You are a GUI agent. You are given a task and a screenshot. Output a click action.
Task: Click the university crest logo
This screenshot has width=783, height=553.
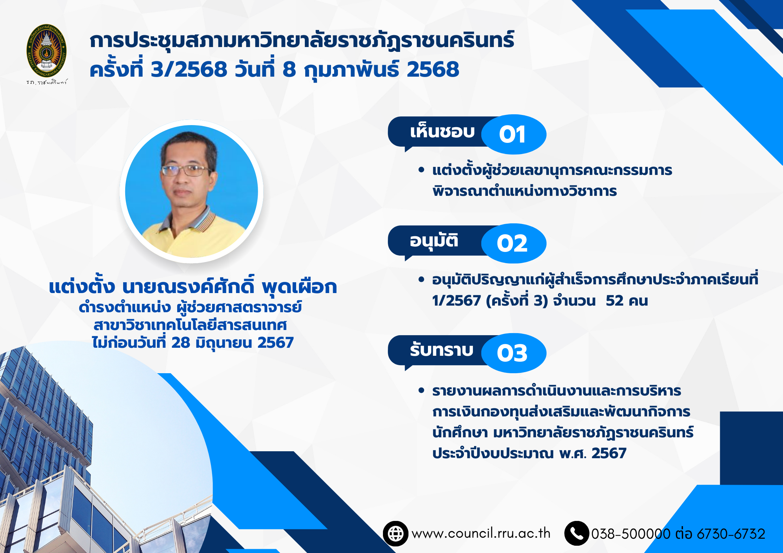46,51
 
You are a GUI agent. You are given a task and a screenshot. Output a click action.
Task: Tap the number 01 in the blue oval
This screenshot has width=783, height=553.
512,135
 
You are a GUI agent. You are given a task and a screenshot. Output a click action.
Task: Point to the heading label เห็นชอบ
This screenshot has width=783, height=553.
442,131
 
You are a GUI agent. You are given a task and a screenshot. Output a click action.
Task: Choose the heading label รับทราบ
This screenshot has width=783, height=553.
442,350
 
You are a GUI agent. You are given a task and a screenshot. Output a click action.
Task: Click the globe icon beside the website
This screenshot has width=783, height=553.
396,533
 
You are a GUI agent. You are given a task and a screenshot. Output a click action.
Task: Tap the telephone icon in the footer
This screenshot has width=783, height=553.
577,533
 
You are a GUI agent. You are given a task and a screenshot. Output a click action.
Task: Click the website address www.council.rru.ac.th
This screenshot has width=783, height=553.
481,533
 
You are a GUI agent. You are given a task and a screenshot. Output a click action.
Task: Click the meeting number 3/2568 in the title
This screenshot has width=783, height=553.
189,69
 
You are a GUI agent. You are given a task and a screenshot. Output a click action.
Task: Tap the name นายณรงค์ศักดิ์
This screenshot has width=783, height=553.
188,286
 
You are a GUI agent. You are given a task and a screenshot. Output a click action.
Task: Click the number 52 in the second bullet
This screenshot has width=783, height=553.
615,301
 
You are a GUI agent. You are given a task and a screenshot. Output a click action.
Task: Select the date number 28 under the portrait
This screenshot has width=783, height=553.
181,343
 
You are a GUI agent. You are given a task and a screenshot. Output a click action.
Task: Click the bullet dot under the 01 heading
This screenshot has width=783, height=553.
421,170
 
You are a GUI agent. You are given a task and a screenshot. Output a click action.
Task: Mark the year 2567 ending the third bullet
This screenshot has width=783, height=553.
609,453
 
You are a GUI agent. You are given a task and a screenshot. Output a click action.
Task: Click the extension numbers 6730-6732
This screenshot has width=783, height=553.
731,534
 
